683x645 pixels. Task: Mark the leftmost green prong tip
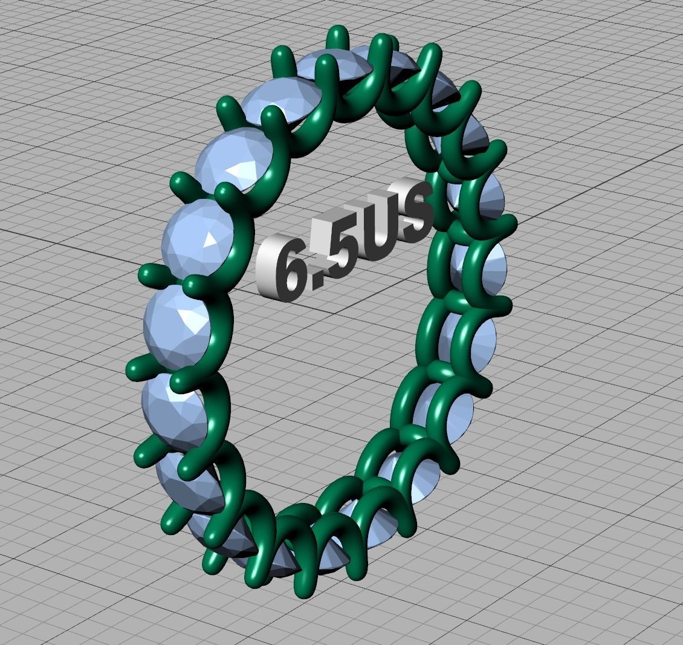click(130, 368)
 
